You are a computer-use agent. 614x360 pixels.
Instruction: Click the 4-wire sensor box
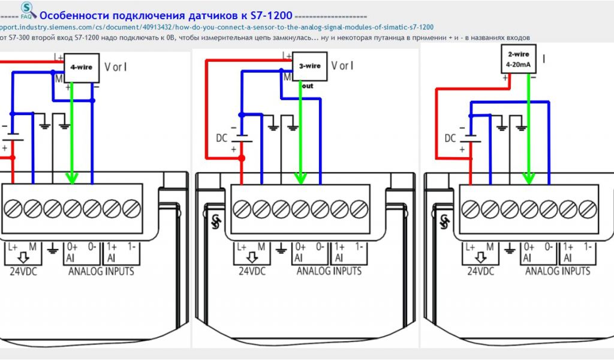[x=81, y=67]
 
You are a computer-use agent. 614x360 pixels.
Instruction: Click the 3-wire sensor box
[x=310, y=66]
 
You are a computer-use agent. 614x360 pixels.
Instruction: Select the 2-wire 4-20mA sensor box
[x=519, y=61]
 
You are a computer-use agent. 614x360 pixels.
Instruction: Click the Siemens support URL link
[x=216, y=27]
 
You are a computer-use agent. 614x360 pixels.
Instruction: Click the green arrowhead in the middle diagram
[x=301, y=177]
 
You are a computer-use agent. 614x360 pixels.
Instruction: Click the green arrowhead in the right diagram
[x=528, y=177]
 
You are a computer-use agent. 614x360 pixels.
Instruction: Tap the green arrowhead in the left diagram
[x=72, y=177]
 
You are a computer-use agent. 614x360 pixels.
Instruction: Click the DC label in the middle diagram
[x=222, y=138]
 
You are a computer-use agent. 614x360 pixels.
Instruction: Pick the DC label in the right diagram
[x=450, y=138]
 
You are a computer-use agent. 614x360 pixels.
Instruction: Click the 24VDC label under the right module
[x=479, y=271]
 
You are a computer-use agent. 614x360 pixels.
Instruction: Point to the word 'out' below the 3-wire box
[x=308, y=86]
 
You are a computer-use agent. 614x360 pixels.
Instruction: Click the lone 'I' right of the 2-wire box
[x=544, y=59]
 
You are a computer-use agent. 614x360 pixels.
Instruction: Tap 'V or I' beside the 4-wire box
[x=115, y=67]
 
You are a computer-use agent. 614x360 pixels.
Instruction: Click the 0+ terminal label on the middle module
[x=300, y=247]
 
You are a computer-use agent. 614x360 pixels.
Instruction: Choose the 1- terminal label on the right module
[x=586, y=247]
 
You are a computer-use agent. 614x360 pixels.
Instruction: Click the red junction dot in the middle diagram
[x=242, y=158]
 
